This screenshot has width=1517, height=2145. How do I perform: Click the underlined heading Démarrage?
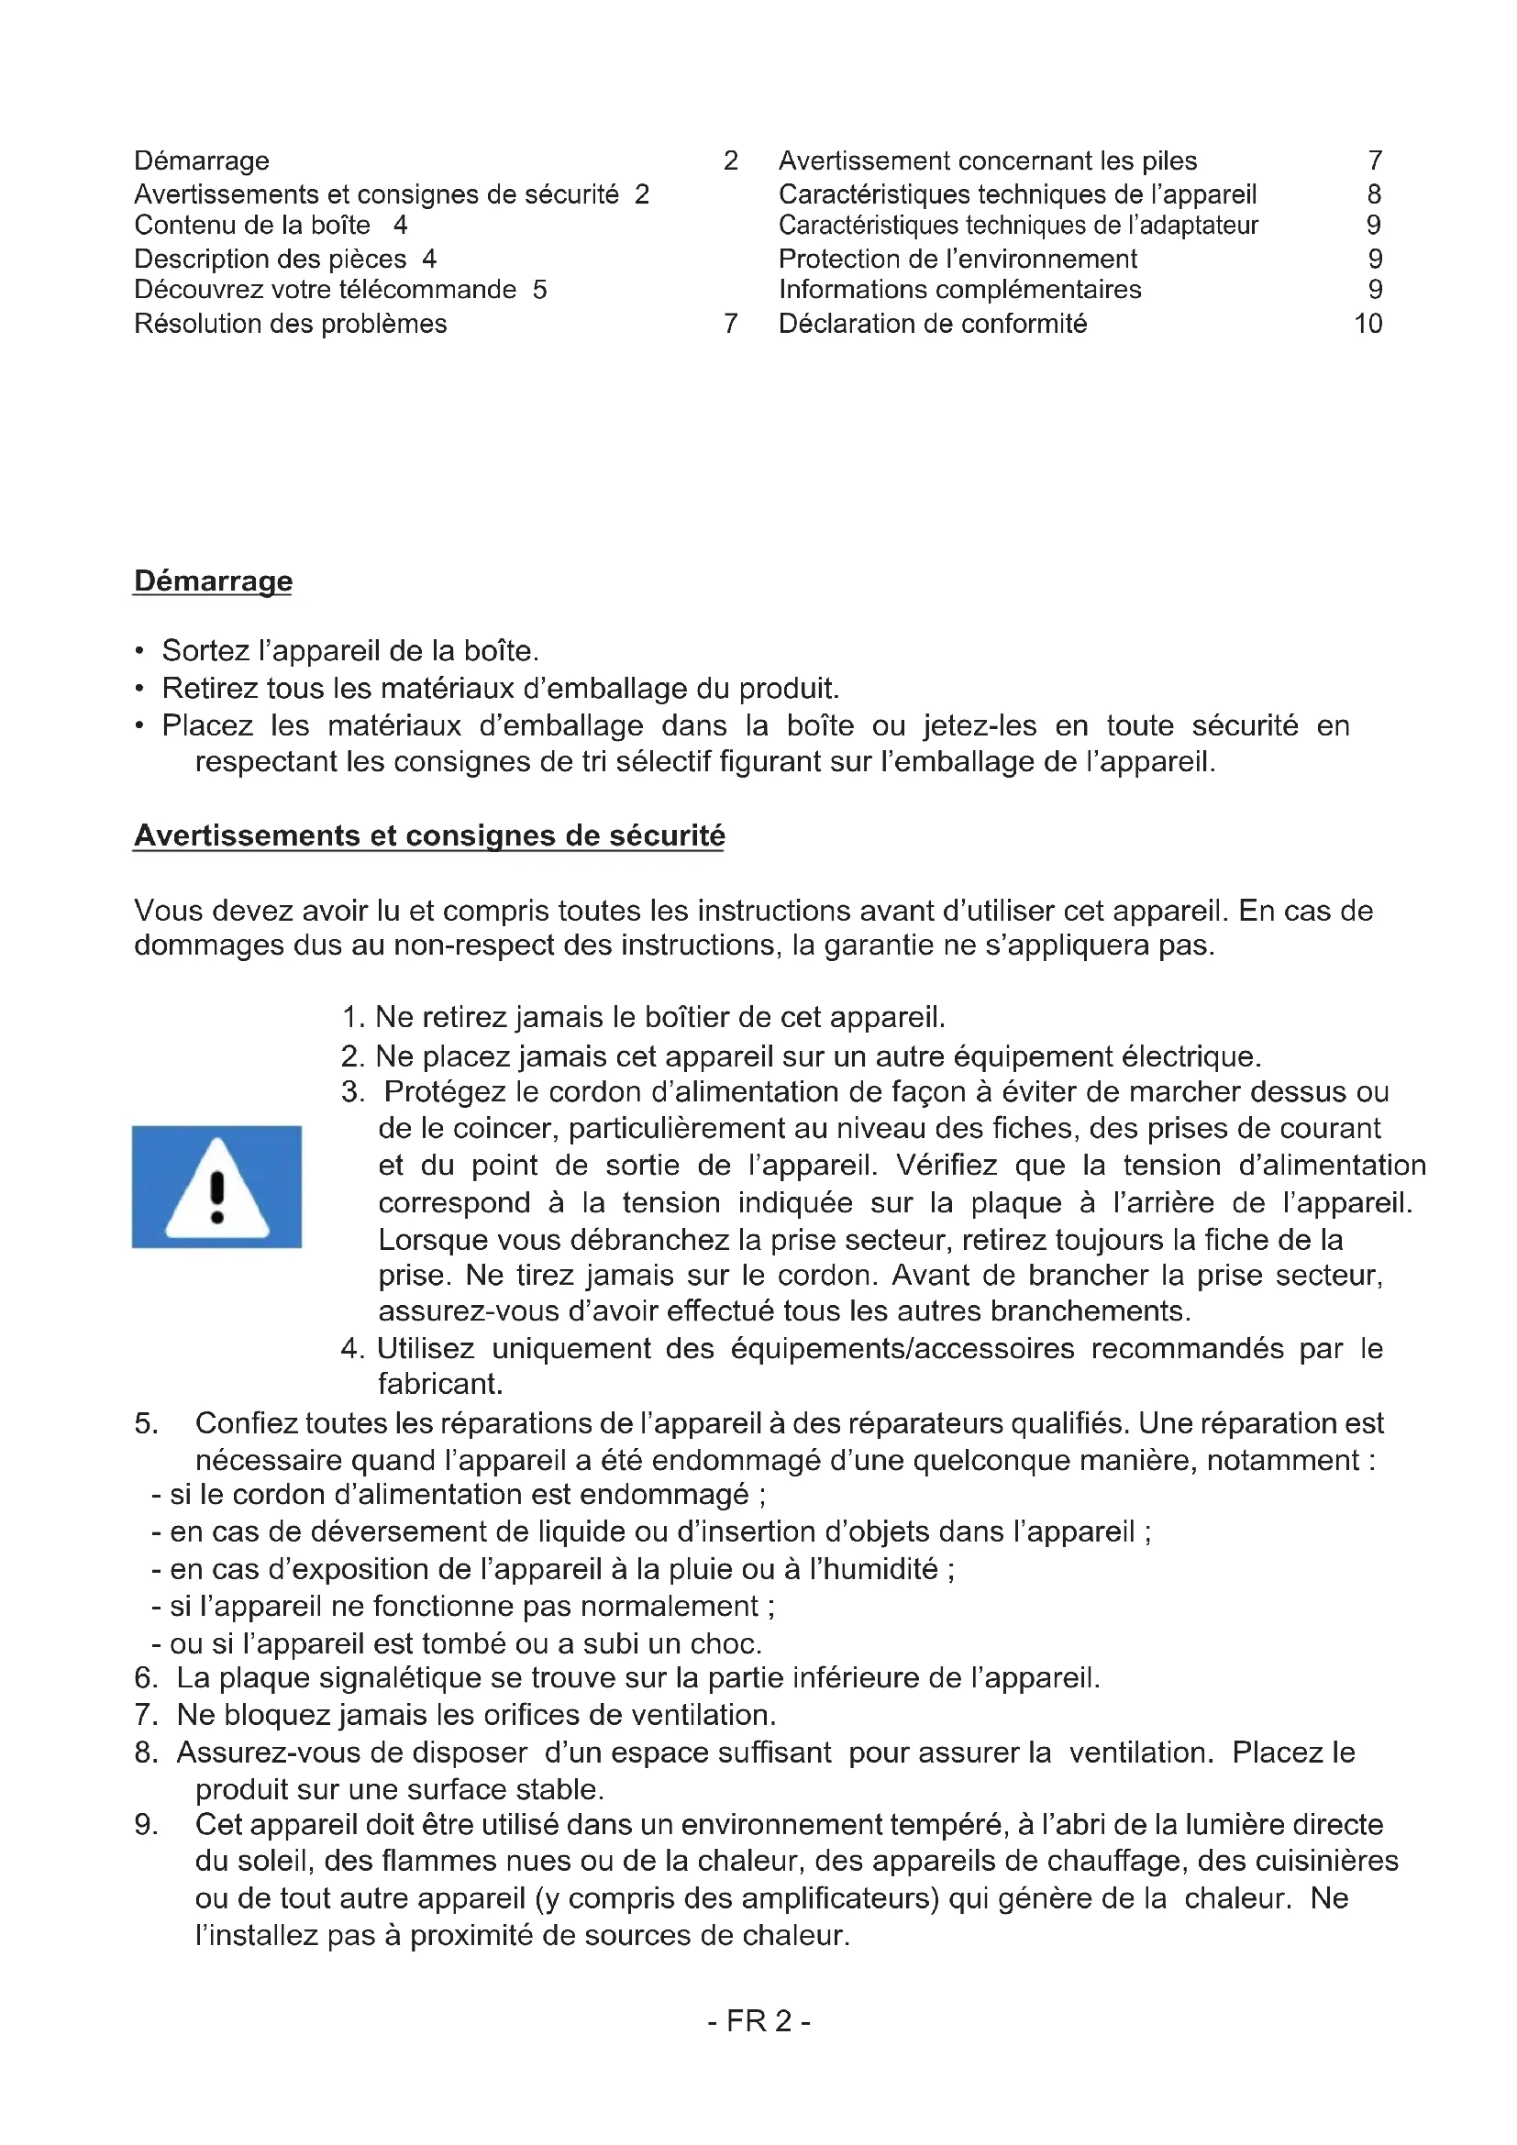[x=213, y=580]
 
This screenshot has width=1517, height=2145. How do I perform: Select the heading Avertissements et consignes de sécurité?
[x=428, y=835]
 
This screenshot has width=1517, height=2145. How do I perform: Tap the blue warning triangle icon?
[x=216, y=1187]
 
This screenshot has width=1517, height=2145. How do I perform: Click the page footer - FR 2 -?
[x=758, y=2021]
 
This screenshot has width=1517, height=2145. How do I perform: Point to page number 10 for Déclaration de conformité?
[x=1368, y=323]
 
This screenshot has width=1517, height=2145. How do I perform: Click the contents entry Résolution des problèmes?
[x=291, y=323]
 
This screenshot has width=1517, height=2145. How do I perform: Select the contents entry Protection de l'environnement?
[x=958, y=259]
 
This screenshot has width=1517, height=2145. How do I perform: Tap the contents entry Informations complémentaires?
[x=959, y=290]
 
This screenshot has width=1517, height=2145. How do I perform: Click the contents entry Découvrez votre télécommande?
[x=325, y=290]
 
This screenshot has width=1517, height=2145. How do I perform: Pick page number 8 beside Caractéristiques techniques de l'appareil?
[x=1374, y=194]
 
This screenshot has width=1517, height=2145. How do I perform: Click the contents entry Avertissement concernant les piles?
[x=988, y=160]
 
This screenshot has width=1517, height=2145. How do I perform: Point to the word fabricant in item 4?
[x=439, y=1384]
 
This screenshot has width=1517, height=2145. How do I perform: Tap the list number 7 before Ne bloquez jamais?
[x=144, y=1714]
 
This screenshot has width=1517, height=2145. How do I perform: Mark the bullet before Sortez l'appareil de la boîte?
[x=139, y=651]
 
